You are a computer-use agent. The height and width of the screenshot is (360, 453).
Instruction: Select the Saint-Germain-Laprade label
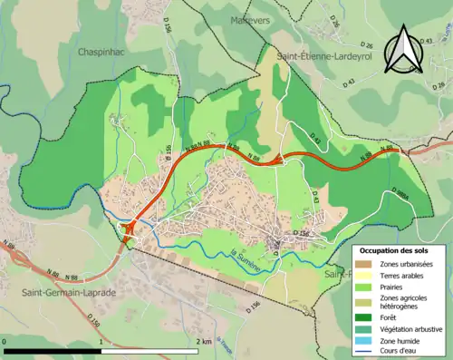[63, 292]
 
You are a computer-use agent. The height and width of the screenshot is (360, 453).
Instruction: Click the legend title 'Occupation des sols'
[395, 250]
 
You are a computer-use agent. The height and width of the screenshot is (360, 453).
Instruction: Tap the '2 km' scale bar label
[204, 342]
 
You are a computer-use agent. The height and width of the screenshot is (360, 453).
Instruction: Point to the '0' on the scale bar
[5, 342]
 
